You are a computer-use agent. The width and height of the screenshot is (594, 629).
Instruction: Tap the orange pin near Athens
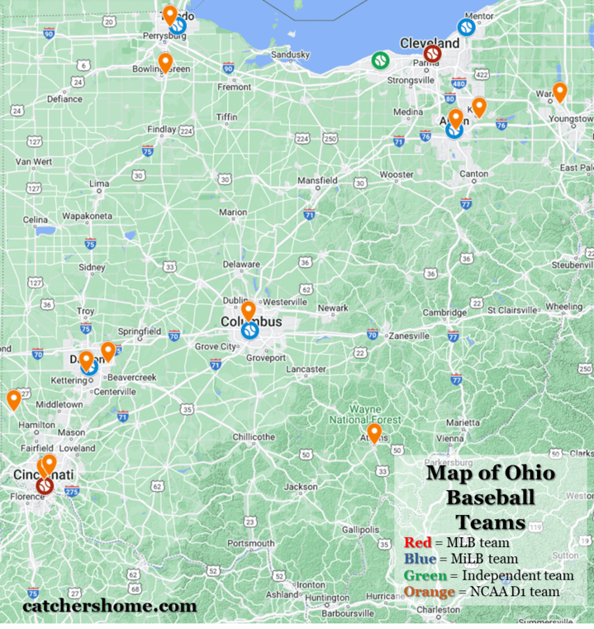374,432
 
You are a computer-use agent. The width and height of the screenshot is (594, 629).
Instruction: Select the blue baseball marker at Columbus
249,331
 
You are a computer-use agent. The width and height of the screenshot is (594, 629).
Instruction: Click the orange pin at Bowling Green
165,62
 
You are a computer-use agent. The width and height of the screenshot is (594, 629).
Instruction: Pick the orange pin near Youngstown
559,92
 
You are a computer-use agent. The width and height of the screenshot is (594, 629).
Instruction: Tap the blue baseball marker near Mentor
465,27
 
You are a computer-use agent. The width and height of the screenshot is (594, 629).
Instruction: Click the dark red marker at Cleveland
431,55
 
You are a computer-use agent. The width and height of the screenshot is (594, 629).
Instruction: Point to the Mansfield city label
316,179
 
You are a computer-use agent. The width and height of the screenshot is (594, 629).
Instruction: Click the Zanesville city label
409,336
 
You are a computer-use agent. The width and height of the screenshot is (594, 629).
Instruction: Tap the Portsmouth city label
253,543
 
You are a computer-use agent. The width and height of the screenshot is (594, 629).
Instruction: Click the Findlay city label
161,130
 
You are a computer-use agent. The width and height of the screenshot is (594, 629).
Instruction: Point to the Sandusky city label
290,55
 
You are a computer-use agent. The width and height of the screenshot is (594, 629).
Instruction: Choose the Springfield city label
140,331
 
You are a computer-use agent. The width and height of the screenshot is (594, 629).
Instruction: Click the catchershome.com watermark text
110,606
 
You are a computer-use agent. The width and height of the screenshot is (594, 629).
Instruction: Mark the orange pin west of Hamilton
14,399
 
